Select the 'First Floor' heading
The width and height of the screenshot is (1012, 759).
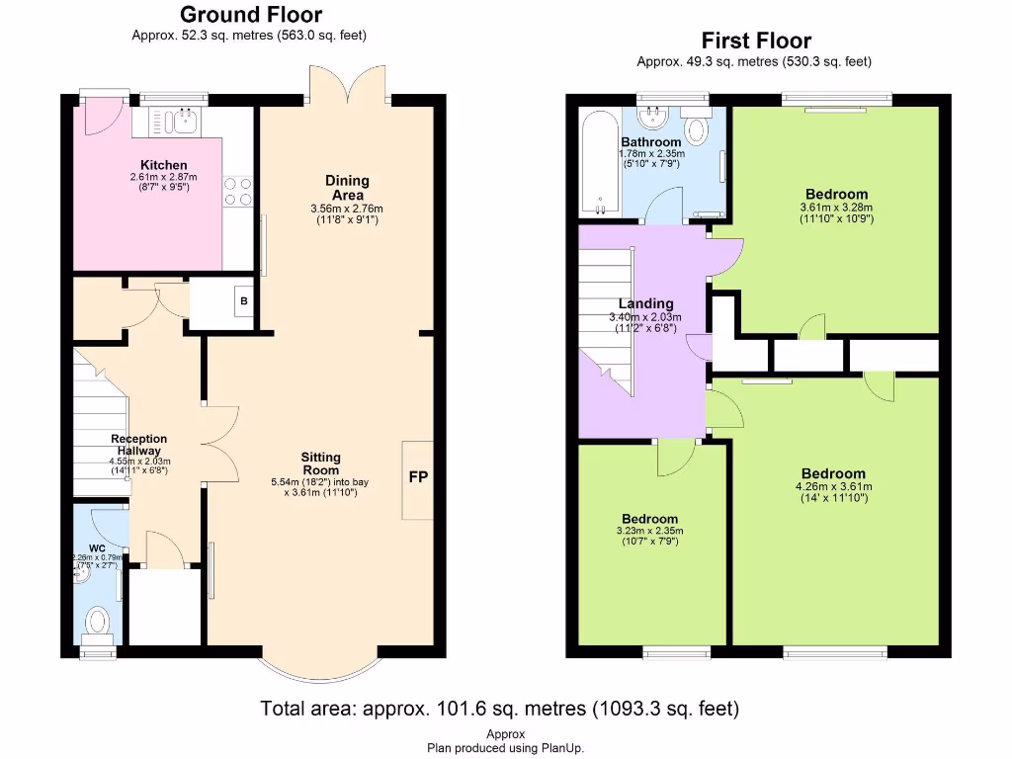(x=756, y=41)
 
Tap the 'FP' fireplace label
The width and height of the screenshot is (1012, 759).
(x=418, y=477)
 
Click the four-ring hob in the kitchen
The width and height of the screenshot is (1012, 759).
(x=238, y=191)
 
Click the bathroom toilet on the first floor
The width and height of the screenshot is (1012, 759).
(x=698, y=130)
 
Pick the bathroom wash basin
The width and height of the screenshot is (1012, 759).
(x=652, y=119)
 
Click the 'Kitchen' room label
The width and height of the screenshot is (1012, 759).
(x=164, y=165)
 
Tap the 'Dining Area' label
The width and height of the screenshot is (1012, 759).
(x=347, y=188)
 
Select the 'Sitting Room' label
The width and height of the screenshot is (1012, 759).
(x=320, y=464)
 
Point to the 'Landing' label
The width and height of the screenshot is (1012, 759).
(x=645, y=303)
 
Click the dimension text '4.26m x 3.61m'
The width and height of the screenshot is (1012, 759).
(x=833, y=486)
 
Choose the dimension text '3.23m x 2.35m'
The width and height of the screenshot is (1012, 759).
(x=649, y=531)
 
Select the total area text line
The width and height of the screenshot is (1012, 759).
(x=499, y=709)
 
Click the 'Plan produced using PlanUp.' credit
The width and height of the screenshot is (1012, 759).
(x=505, y=748)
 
